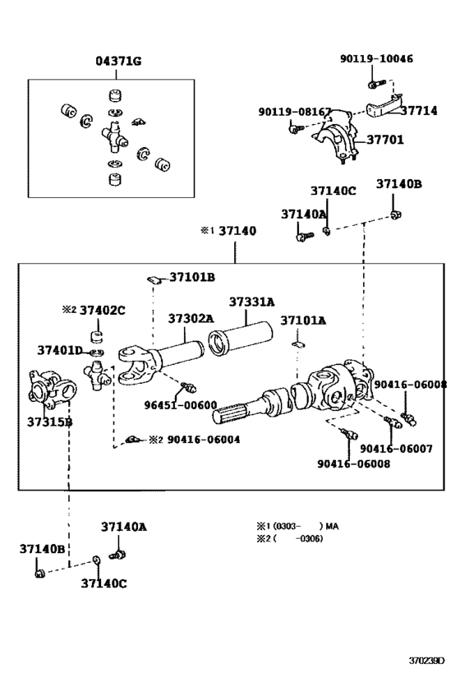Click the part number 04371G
click(x=118, y=61)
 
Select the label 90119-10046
click(x=377, y=58)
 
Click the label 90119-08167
click(x=295, y=111)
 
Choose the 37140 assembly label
click(x=237, y=231)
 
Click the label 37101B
click(x=193, y=277)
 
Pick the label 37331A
click(x=251, y=302)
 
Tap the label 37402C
click(x=104, y=309)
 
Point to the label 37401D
click(x=59, y=351)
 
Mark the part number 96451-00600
click(x=183, y=404)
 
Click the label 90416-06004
click(x=204, y=440)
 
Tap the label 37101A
click(x=303, y=320)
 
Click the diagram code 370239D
click(x=427, y=660)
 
